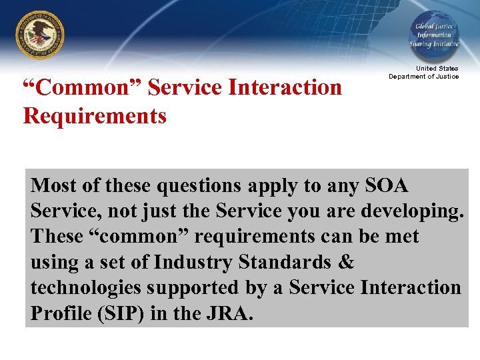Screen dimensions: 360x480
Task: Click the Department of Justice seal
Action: coord(41,35)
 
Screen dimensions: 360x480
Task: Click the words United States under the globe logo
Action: coord(437,69)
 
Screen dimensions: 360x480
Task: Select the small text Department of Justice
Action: coord(424,77)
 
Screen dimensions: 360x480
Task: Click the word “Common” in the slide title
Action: coord(83,87)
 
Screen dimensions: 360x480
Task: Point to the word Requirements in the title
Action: coord(94,116)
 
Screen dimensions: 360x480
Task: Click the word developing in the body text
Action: coord(411,211)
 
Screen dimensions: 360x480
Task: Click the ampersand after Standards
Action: coord(347,262)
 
